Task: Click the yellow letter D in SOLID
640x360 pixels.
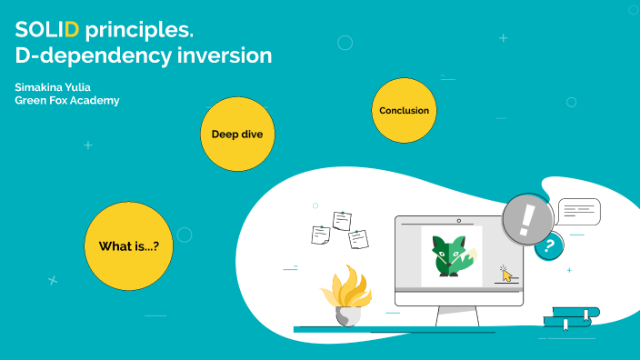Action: click(x=73, y=30)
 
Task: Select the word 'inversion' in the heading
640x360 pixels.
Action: click(x=227, y=55)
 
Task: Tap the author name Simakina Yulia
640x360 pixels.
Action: click(x=52, y=86)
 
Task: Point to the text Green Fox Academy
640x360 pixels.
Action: click(x=67, y=100)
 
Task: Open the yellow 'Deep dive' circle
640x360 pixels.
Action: click(x=237, y=135)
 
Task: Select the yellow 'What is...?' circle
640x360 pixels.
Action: click(x=128, y=245)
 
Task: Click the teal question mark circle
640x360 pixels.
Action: click(x=548, y=245)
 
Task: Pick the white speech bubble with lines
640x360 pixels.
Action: click(x=579, y=212)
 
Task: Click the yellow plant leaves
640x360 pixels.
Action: click(x=346, y=287)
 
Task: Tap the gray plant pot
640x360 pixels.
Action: click(x=346, y=315)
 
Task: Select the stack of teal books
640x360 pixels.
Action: click(x=571, y=316)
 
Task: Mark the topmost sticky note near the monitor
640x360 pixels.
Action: click(x=342, y=220)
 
